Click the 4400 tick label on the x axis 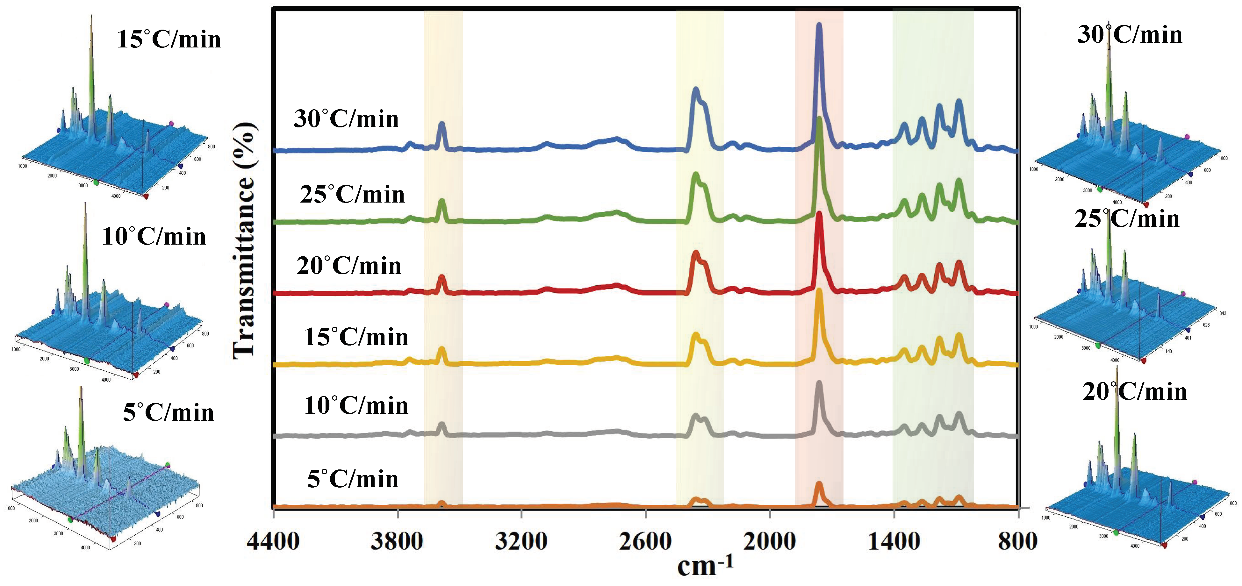tap(273, 542)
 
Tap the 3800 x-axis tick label tap(397, 542)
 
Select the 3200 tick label tap(521, 542)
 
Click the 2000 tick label tap(770, 542)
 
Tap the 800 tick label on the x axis tap(1017, 542)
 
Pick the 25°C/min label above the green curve tap(352, 194)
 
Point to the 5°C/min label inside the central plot tap(353, 479)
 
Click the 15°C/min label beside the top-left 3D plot tap(169, 39)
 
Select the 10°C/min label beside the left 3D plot tap(154, 237)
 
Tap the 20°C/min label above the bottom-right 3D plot tap(1134, 391)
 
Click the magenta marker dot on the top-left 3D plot tap(171, 124)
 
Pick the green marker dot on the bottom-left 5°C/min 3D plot tap(71, 520)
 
